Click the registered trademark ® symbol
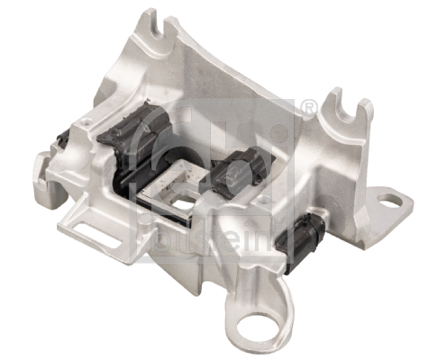coord(309,109)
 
